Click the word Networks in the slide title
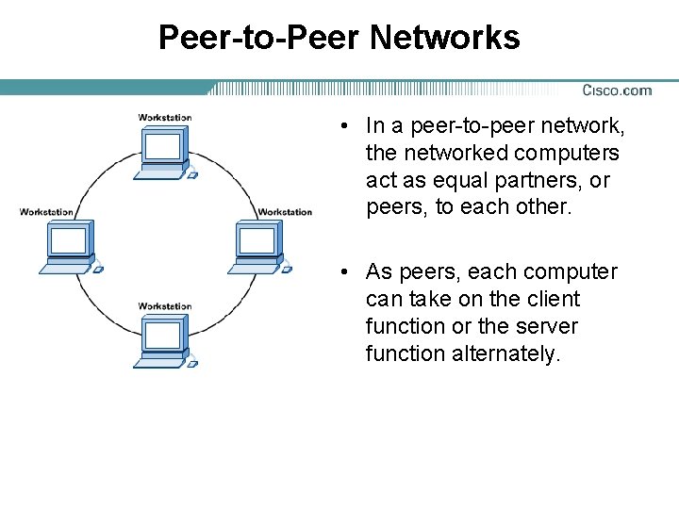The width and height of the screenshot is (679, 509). point(445,38)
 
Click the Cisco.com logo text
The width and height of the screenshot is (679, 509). point(617,90)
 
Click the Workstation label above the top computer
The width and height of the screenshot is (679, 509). point(165,118)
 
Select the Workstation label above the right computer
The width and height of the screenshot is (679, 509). point(285,212)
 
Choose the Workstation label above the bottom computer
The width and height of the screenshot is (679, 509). point(165,306)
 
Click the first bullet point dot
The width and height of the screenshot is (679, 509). point(348,126)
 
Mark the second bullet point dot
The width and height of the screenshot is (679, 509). point(348,272)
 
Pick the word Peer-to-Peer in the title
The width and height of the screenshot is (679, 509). point(260,38)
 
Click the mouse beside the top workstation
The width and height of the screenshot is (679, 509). point(192,174)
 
